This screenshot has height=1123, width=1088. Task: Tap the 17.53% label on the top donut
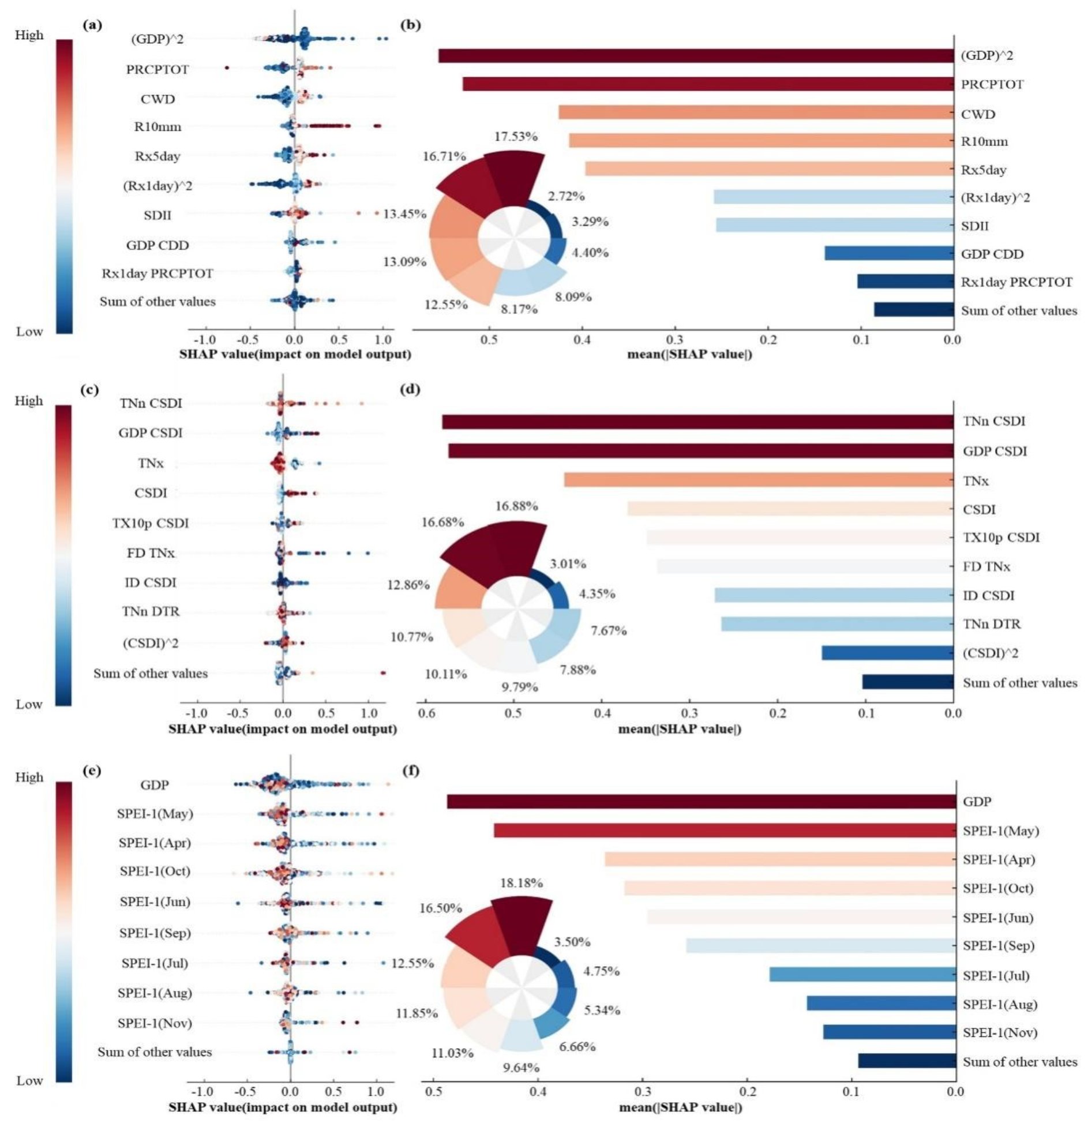click(516, 137)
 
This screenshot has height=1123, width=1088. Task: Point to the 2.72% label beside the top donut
click(566, 196)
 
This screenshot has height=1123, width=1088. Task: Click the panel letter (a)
click(92, 25)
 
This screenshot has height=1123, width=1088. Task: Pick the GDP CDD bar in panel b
click(888, 253)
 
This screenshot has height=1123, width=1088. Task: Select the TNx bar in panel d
click(758, 480)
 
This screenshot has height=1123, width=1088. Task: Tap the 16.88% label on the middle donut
click(516, 506)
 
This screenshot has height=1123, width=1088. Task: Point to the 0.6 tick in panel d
click(426, 713)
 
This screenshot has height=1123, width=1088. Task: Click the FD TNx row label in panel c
click(151, 553)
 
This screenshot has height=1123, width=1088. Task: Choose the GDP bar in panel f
click(701, 801)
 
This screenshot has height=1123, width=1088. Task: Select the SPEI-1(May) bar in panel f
click(725, 831)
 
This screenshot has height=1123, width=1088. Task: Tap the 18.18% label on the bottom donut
click(521, 882)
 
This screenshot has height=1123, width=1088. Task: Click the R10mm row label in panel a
click(157, 127)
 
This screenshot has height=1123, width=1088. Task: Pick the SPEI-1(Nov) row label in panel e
click(155, 1023)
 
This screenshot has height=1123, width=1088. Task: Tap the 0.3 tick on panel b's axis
click(675, 339)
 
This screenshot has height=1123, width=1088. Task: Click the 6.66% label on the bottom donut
click(577, 1046)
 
